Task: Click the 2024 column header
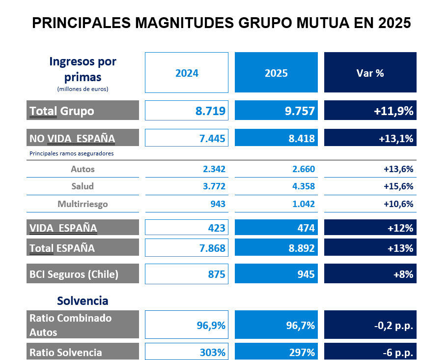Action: (187, 73)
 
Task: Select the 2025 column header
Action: (276, 73)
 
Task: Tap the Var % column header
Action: (370, 73)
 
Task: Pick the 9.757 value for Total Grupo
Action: (276, 111)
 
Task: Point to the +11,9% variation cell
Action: (370, 111)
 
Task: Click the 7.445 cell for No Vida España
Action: (187, 139)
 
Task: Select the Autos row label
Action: (83, 169)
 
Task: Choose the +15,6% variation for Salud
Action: (398, 186)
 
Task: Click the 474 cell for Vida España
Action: (276, 228)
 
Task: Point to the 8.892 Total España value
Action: (276, 248)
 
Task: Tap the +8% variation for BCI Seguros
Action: (370, 274)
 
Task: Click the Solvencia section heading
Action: (83, 300)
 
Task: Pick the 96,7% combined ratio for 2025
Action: (276, 325)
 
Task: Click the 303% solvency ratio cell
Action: (187, 352)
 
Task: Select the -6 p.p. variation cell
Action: (370, 352)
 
